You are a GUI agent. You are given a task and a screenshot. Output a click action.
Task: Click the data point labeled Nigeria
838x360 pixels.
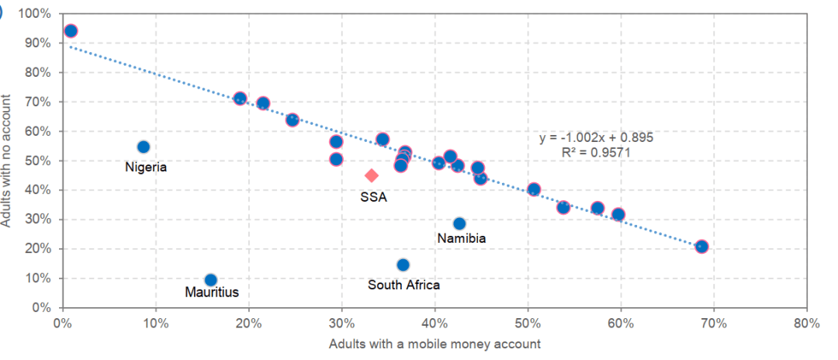coord(143,147)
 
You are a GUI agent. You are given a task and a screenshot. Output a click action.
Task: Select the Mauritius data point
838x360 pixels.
coord(210,280)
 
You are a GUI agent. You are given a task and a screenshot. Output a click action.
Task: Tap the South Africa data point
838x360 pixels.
coord(403,265)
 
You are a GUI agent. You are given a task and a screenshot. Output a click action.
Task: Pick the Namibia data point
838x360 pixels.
coord(459,223)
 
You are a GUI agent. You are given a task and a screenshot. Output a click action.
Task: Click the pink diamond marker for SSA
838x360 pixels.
coord(372,175)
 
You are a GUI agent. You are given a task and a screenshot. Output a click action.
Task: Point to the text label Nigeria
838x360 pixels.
coord(146,167)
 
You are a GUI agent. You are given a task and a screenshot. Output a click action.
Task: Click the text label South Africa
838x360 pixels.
coord(403,285)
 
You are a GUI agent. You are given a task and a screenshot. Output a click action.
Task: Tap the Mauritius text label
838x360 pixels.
coord(212,292)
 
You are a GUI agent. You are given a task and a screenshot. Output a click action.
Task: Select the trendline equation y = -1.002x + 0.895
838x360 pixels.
coord(596,138)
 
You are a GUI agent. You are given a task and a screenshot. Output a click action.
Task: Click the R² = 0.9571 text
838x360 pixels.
coord(596,152)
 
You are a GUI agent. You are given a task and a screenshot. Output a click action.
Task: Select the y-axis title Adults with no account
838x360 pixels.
coord(7,161)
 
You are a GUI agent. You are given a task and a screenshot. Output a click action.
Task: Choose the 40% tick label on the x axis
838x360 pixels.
coord(435,323)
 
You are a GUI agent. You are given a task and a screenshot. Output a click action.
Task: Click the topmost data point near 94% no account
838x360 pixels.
coord(71,31)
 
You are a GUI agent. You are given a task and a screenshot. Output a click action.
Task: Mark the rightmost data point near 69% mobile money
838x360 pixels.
coord(701,247)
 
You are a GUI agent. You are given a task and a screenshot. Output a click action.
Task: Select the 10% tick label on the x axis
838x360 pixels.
coord(155,323)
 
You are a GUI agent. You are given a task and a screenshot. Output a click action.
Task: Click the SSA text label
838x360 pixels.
coord(373,197)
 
